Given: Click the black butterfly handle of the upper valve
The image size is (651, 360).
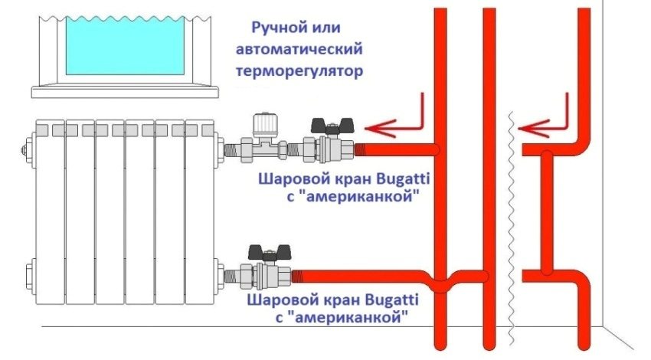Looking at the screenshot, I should coord(331,125).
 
